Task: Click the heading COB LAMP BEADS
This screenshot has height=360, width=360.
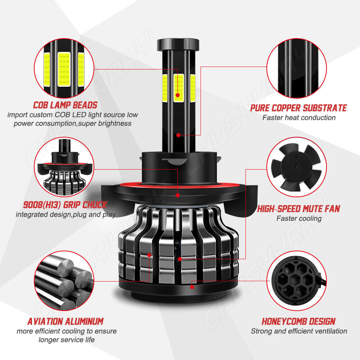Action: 65,105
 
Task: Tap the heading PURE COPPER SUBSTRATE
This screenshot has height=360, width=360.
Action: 298,108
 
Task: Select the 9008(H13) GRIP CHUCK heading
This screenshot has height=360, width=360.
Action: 65,204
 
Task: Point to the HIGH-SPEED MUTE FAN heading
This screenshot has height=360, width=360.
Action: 298,209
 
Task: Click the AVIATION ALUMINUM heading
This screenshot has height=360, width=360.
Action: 66,321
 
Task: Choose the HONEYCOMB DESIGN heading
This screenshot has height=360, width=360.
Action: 298,321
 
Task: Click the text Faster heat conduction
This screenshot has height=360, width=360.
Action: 299,118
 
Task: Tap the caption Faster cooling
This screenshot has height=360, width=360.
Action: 299,219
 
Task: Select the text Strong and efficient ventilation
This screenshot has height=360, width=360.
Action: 299,331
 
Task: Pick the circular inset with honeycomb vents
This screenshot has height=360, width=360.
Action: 296,281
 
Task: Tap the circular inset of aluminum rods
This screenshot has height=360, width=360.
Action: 64,281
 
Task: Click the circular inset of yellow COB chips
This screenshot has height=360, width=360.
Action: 64,68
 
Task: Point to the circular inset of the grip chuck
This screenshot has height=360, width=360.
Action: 64,167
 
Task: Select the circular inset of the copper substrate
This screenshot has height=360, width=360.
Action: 296,68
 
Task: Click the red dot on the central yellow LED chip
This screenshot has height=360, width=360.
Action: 178,95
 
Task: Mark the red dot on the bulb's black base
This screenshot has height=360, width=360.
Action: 192,287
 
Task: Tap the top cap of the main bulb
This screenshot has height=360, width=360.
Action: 178,45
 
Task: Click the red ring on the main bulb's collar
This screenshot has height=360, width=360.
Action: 178,185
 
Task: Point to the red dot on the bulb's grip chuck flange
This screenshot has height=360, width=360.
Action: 178,195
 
